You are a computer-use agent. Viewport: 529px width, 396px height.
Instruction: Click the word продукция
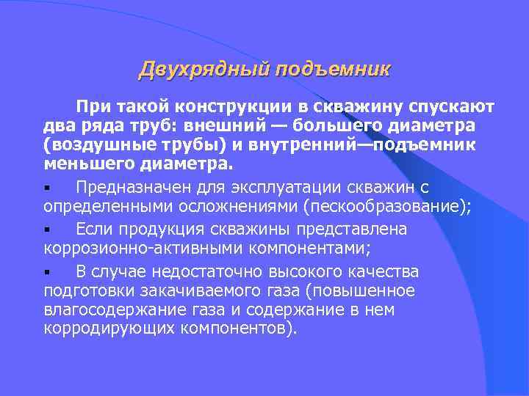pyautogui.click(x=166, y=229)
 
